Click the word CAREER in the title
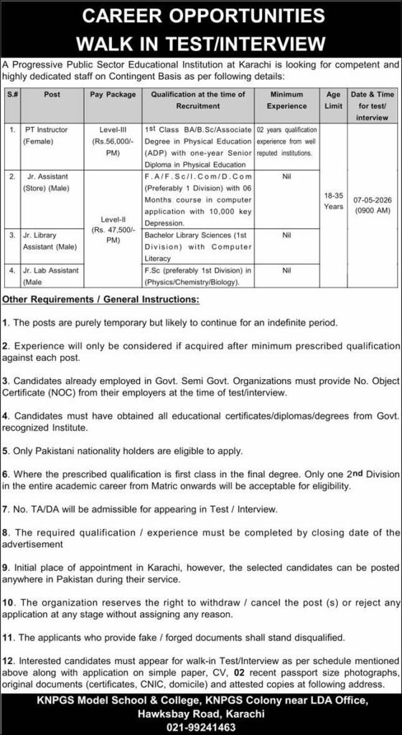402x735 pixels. [x=123, y=15]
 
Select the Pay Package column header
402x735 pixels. [x=108, y=94]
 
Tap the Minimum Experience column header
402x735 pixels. [x=287, y=100]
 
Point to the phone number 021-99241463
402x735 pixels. [x=201, y=726]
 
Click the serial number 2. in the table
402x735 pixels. [x=12, y=174]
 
